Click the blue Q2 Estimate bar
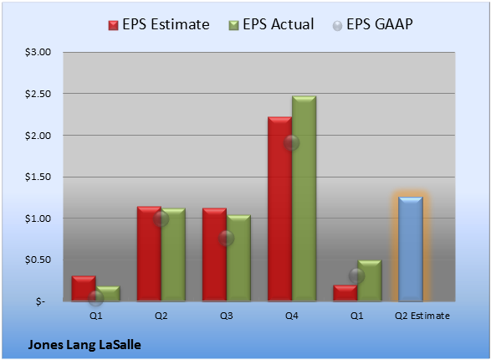(x=411, y=249)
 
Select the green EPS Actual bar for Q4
(x=304, y=198)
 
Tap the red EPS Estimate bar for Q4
(x=280, y=209)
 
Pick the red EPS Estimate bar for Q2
(x=149, y=254)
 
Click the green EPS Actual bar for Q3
(x=238, y=258)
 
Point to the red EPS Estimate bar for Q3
(x=214, y=255)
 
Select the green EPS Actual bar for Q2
(x=173, y=255)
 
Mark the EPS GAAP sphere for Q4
(x=292, y=143)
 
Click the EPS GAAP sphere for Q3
(x=226, y=239)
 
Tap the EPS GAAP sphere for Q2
(x=161, y=219)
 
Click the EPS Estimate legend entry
(x=159, y=24)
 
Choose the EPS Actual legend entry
(x=272, y=24)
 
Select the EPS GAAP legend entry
(x=372, y=24)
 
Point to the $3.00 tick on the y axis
(x=38, y=52)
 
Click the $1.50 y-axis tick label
(x=38, y=177)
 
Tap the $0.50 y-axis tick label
(x=38, y=260)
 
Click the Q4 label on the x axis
(x=292, y=316)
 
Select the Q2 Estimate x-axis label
(x=422, y=316)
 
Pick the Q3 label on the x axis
(x=226, y=316)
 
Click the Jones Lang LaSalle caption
(x=84, y=345)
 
